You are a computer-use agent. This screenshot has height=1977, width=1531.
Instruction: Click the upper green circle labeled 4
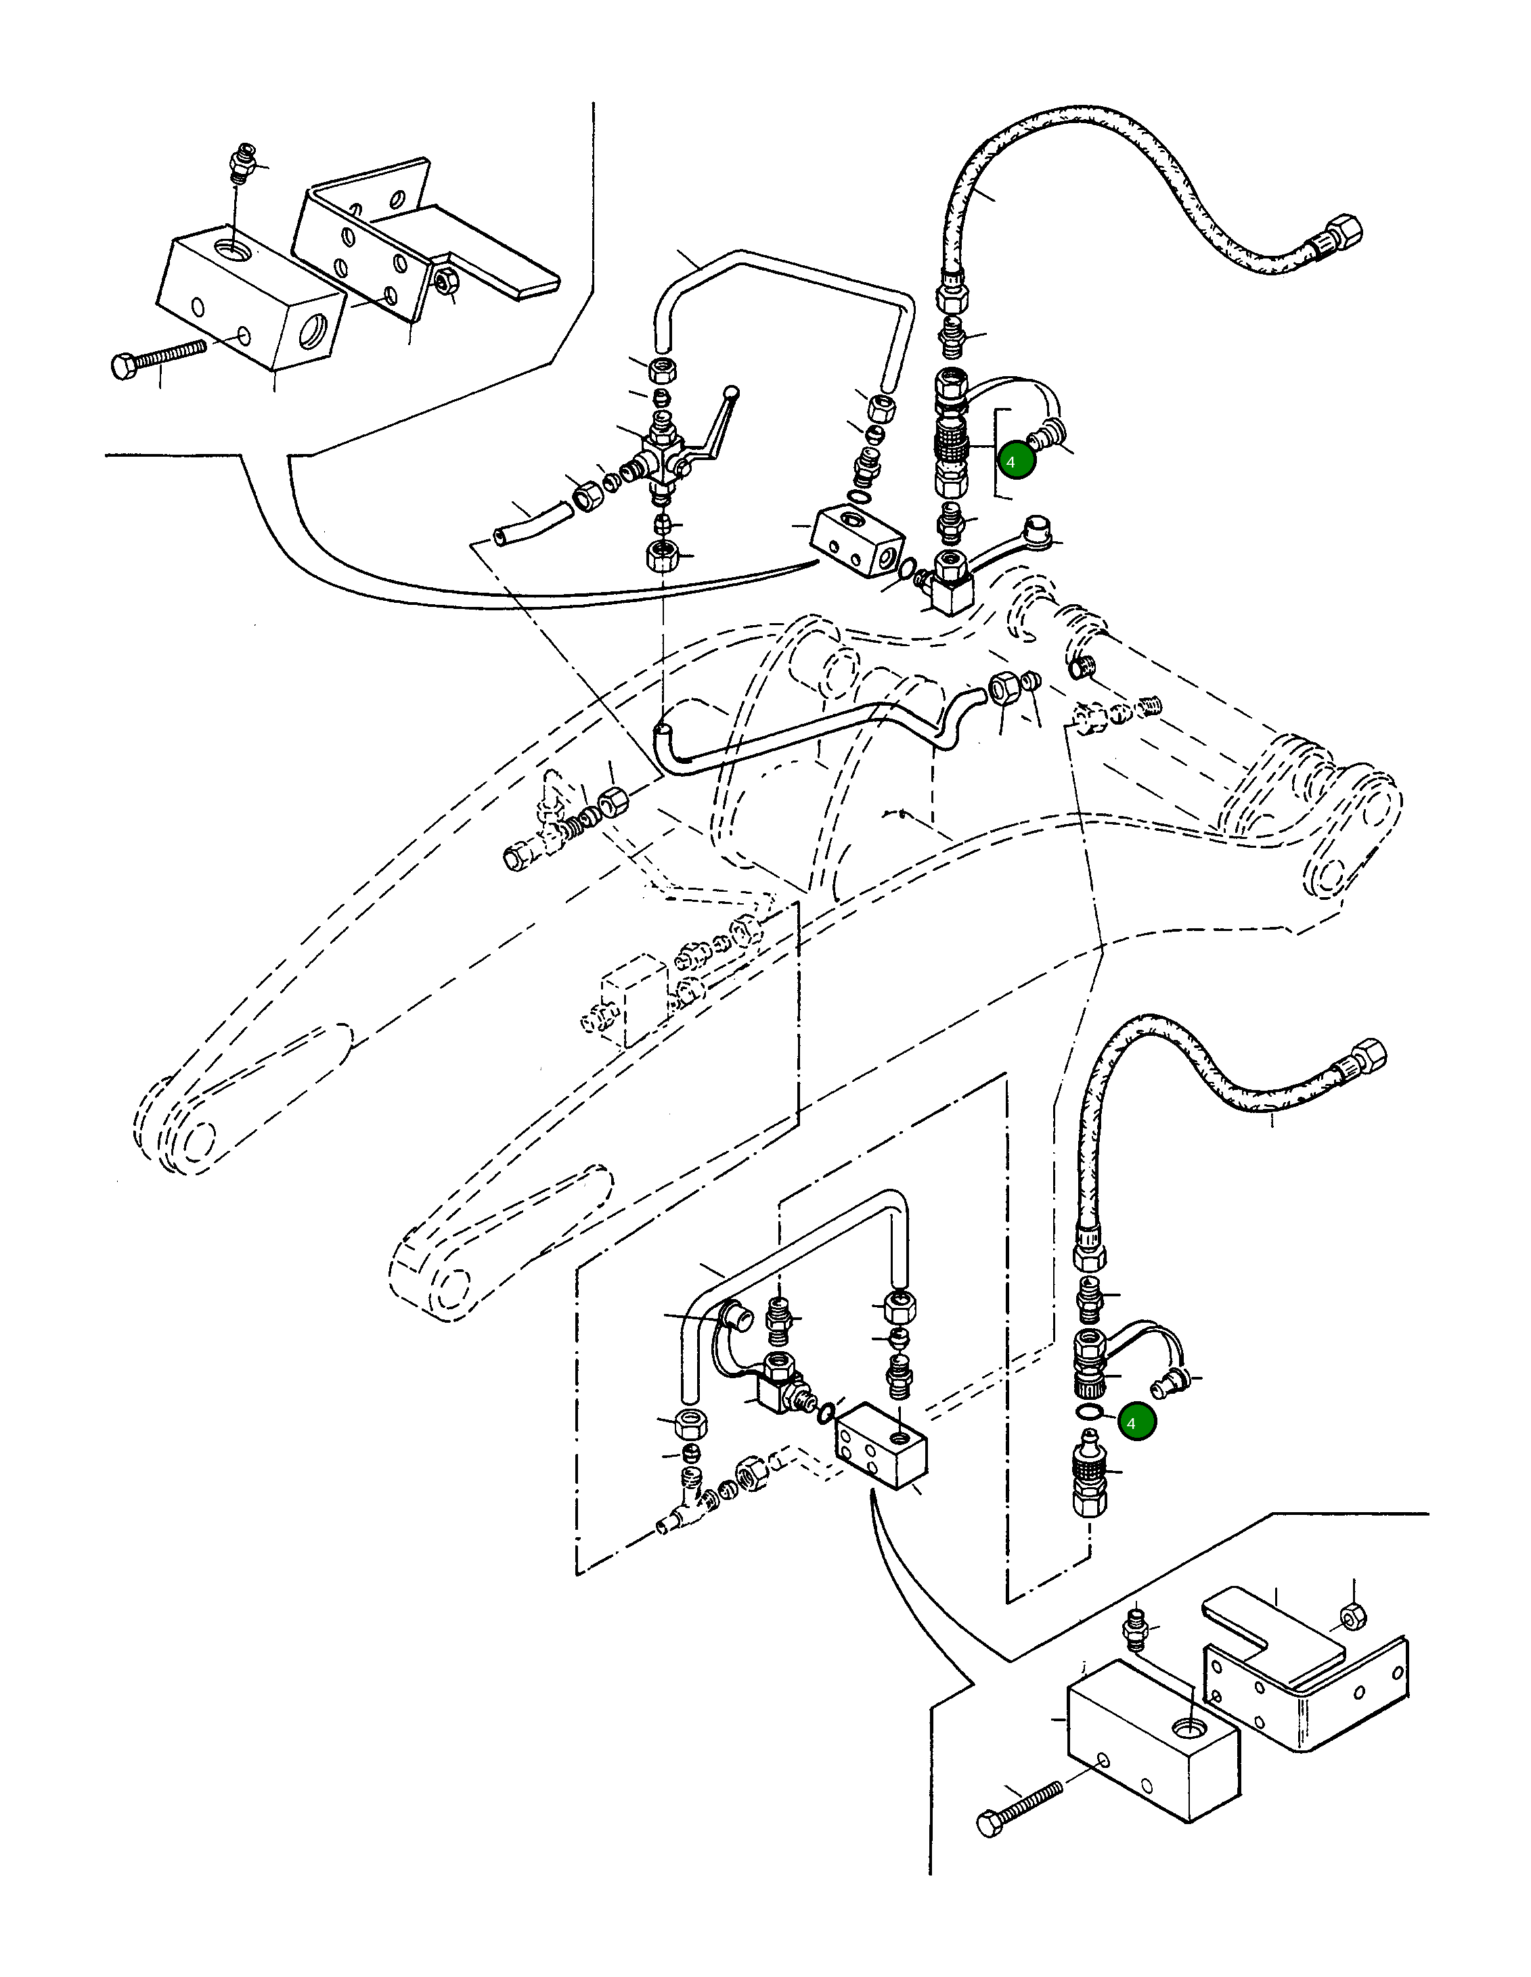1016,461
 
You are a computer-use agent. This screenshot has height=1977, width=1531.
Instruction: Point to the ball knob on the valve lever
732,393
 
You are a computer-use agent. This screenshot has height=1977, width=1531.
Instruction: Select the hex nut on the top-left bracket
445,281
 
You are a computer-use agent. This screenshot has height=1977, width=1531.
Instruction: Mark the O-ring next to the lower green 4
1089,1413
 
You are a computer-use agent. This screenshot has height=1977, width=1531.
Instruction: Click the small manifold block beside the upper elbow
856,541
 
